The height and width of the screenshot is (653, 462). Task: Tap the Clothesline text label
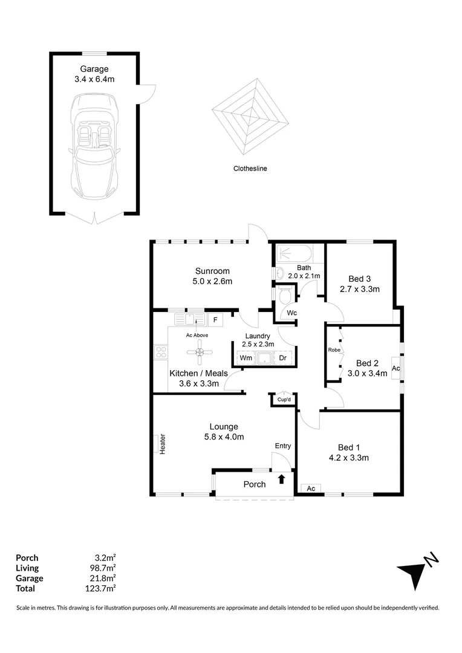click(x=250, y=169)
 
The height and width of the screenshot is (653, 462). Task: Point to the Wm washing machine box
click(x=246, y=358)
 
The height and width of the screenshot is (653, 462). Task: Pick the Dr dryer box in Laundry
click(x=282, y=358)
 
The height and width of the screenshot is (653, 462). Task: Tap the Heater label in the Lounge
click(x=163, y=446)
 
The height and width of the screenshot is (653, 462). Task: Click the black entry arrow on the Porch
click(x=281, y=479)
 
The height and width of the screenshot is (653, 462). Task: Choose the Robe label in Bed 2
click(x=333, y=350)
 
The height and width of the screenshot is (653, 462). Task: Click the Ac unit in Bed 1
click(x=311, y=488)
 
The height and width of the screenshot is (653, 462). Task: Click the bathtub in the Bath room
click(x=293, y=253)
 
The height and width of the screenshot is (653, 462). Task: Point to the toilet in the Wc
click(x=285, y=296)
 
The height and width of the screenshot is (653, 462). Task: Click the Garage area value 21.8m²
click(x=104, y=578)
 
